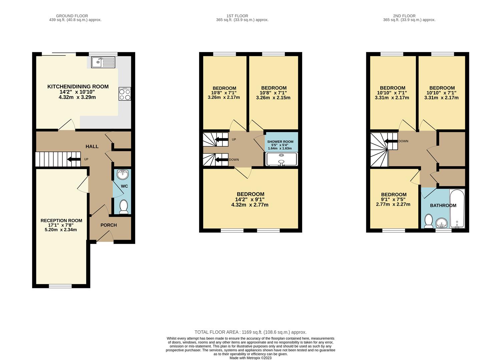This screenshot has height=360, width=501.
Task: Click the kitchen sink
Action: pyautogui.click(x=103, y=62)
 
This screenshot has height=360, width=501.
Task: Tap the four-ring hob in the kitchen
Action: pyautogui.click(x=125, y=94)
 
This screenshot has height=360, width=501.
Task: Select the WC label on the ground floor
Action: pyautogui.click(x=124, y=186)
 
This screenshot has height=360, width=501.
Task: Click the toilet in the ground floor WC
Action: pyautogui.click(x=124, y=207)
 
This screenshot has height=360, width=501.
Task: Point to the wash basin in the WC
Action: pyautogui.click(x=122, y=175)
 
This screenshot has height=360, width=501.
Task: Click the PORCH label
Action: pyautogui.click(x=109, y=225)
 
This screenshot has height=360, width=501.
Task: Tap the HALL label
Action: pyautogui.click(x=92, y=146)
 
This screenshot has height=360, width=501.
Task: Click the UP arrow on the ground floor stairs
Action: pyautogui.click(x=74, y=159)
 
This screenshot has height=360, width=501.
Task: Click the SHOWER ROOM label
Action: pyautogui.click(x=280, y=142)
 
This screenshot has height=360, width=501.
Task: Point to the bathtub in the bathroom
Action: pyautogui.click(x=457, y=209)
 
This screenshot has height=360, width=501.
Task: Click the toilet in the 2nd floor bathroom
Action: pyautogui.click(x=429, y=221)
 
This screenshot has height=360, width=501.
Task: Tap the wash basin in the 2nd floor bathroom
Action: pyautogui.click(x=442, y=223)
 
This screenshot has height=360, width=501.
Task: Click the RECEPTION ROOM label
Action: pyautogui.click(x=61, y=221)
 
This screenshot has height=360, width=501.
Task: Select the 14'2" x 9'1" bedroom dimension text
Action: pyautogui.click(x=249, y=199)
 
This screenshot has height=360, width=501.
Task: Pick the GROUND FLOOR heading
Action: pyautogui.click(x=72, y=16)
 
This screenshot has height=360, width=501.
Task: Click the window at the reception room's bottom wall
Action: pyautogui.click(x=60, y=286)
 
